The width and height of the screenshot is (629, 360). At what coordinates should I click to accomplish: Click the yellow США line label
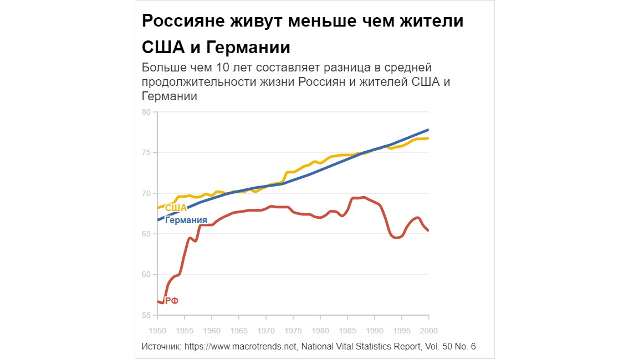(176, 208)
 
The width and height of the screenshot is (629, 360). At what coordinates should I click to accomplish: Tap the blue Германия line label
(187, 220)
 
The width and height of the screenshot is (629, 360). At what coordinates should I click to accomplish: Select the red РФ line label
(172, 301)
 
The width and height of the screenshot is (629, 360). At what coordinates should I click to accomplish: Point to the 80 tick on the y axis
(146, 112)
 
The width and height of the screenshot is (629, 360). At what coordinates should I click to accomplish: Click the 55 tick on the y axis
(146, 315)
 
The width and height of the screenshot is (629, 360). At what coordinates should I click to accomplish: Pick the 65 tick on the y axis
(146, 234)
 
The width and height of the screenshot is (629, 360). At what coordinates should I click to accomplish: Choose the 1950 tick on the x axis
(158, 331)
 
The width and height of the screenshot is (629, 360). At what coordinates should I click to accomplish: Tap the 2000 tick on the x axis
(428, 331)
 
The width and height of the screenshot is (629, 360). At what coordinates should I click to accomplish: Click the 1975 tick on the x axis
(293, 331)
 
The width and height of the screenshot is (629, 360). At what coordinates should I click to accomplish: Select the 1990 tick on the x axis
(375, 331)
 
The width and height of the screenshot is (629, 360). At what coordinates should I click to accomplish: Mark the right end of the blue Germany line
(428, 130)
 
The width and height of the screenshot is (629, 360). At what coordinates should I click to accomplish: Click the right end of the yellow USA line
(428, 138)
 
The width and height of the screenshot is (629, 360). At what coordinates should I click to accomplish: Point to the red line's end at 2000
(428, 230)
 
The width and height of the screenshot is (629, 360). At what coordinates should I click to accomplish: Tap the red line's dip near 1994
(396, 238)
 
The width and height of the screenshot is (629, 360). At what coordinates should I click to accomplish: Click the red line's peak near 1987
(362, 197)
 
